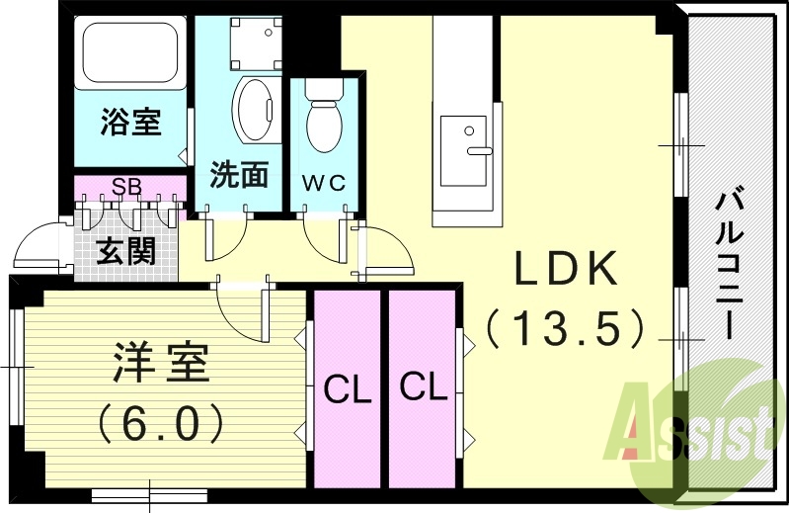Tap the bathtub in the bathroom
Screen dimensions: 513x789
(130, 51)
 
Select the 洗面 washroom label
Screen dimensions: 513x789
(239, 174)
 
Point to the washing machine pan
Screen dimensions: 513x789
(249, 42)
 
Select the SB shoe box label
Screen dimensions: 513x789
(124, 186)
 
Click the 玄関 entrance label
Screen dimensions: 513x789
(126, 250)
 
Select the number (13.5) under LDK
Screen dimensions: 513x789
(567, 327)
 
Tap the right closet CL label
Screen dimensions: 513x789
(423, 387)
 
